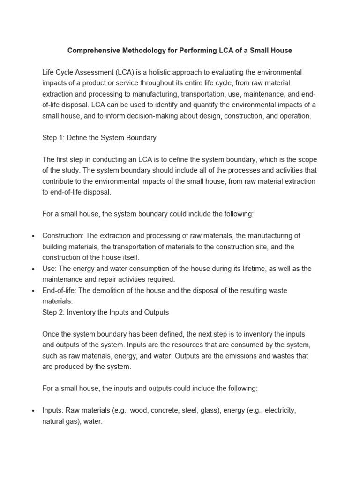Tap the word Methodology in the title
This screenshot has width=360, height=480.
(150, 50)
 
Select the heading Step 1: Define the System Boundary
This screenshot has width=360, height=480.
(99, 138)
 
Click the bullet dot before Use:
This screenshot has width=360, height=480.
(33, 269)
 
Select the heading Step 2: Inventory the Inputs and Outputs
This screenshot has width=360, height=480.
(105, 312)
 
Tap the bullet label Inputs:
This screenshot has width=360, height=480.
(53, 410)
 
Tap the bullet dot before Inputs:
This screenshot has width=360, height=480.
(33, 411)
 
